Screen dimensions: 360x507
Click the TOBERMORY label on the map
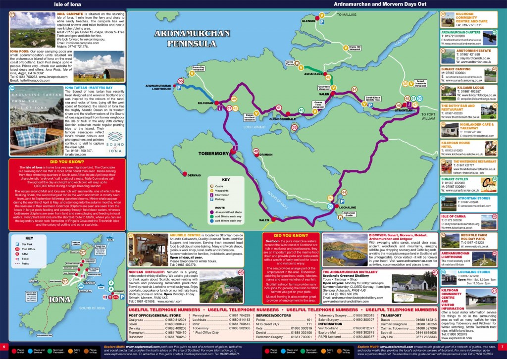213,154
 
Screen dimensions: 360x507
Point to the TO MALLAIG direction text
347,15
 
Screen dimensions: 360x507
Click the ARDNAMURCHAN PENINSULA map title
179,38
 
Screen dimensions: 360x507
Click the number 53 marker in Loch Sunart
294,127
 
